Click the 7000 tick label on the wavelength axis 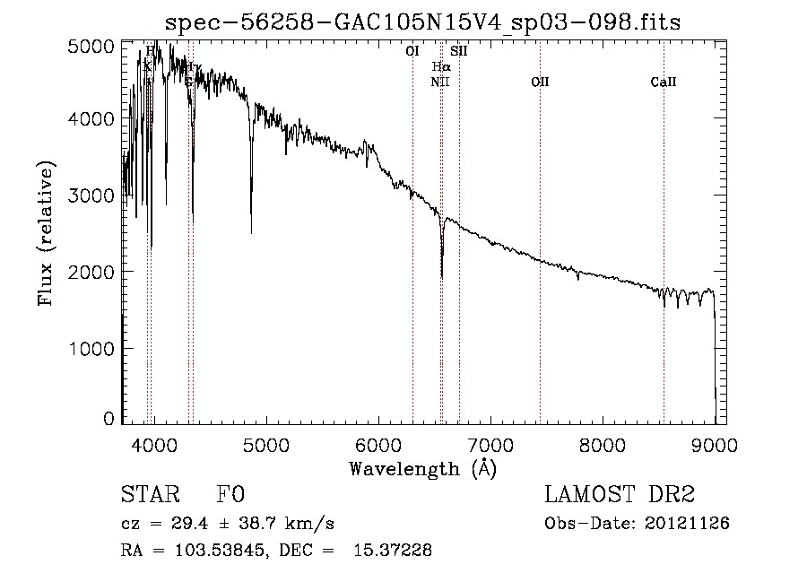490,444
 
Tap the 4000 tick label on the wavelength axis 153,444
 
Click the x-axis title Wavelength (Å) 422,468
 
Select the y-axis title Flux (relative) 46,233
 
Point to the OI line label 412,51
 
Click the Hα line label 440,66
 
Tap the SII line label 459,51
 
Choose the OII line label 540,82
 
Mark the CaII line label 664,82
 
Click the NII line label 439,82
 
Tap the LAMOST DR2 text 620,495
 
